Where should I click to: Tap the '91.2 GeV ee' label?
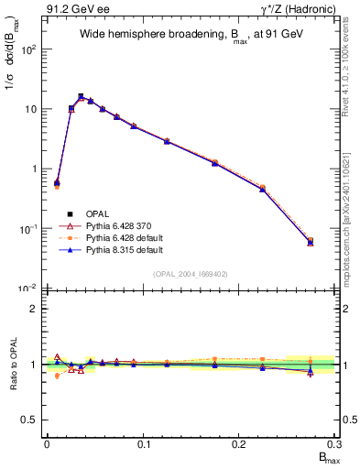(75, 9)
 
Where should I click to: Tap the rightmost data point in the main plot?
(311, 242)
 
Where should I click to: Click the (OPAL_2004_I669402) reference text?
(191, 273)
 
